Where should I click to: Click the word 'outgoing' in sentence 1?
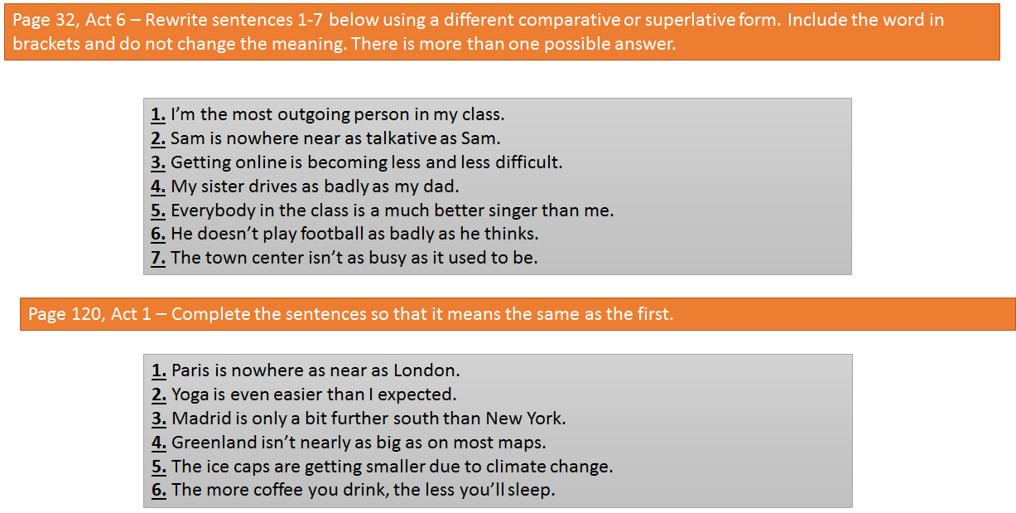pyautogui.click(x=314, y=115)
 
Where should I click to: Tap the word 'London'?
pyautogui.click(x=426, y=370)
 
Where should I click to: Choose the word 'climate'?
pyautogui.click(x=515, y=467)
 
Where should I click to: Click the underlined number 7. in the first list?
pyautogui.click(x=158, y=258)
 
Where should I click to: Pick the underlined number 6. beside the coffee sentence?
pyautogui.click(x=159, y=490)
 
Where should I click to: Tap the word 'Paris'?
pyautogui.click(x=190, y=370)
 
